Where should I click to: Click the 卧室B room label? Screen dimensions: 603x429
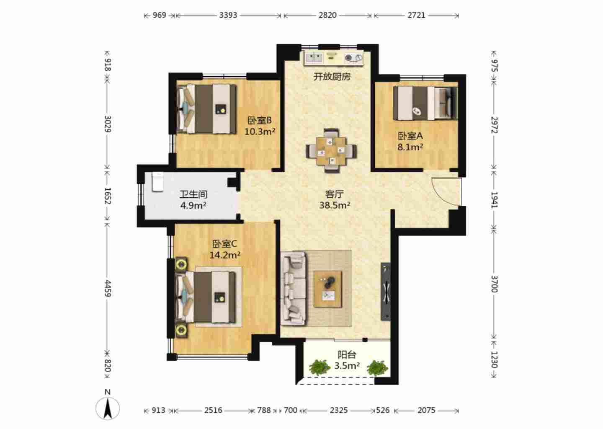(260, 120)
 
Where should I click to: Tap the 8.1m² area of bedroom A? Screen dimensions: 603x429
(410, 147)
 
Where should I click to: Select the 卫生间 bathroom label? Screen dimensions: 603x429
(193, 194)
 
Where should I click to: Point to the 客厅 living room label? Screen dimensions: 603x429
(335, 194)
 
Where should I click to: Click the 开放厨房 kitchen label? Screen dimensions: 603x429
(332, 77)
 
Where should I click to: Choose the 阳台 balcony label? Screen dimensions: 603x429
(347, 355)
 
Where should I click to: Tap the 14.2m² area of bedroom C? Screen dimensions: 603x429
(225, 255)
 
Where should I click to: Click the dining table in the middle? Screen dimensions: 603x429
(331, 150)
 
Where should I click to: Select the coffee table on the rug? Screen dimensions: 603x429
(327, 289)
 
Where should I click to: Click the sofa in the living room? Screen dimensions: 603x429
(293, 288)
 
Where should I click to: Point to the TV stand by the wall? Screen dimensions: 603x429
(386, 292)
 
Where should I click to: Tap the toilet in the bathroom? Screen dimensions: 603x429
(157, 182)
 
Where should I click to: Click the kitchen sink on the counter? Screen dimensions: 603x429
(314, 58)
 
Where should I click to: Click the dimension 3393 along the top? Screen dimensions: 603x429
(228, 15)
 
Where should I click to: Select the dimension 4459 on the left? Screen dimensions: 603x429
(108, 288)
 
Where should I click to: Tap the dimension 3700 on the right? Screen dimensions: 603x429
(495, 284)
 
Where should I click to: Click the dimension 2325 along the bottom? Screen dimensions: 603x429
(339, 410)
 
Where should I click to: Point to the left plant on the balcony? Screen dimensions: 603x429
(320, 367)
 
